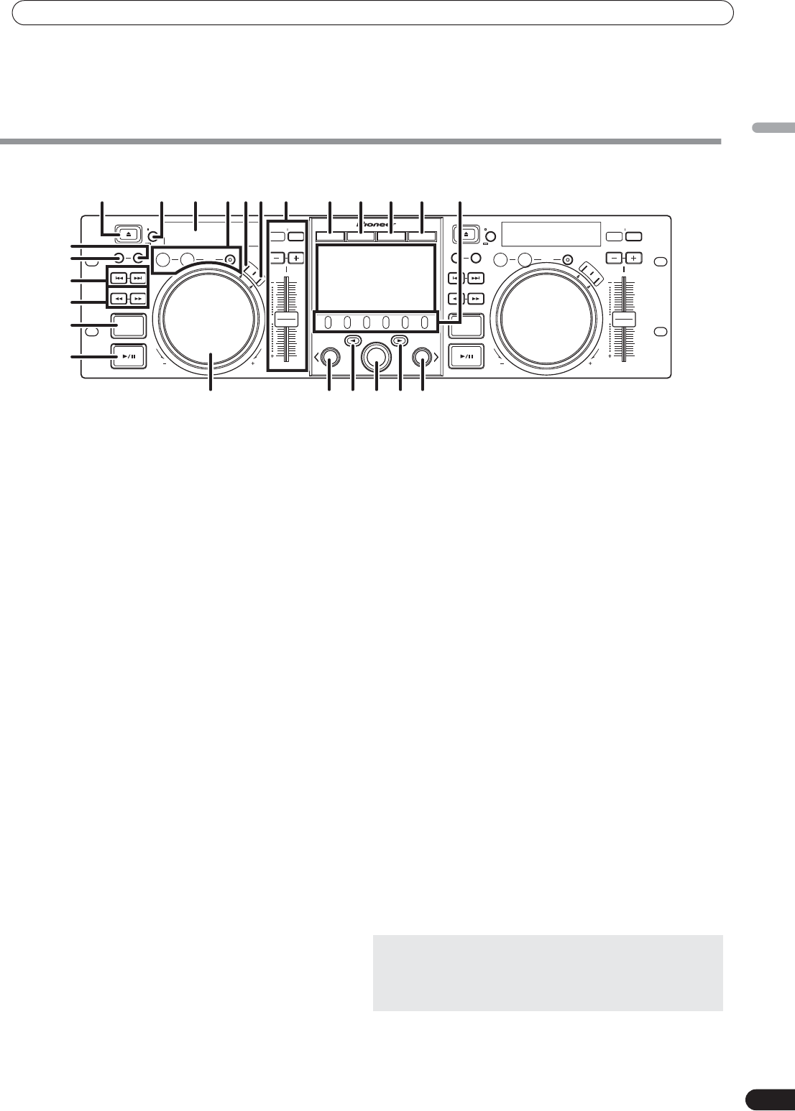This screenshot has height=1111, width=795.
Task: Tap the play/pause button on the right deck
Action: coord(466,355)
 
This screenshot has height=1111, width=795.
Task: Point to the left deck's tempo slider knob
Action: coord(286,320)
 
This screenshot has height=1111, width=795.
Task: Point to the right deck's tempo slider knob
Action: coord(624,320)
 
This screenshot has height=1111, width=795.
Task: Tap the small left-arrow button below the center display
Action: coord(352,341)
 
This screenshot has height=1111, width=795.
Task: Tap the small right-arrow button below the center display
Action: coord(400,341)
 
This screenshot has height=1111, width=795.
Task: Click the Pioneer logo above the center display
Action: coord(376,223)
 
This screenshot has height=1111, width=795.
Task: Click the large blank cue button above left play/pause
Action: coord(129,326)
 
